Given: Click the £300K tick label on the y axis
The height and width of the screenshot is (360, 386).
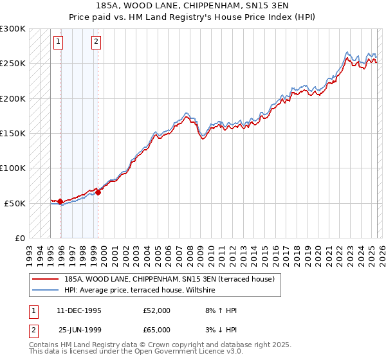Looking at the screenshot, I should (13, 29).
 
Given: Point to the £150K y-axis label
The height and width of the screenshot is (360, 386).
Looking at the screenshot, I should (13, 134).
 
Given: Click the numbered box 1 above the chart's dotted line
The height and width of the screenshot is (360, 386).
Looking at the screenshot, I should (59, 42).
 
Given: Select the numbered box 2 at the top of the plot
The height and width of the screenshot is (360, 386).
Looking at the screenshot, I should (96, 42).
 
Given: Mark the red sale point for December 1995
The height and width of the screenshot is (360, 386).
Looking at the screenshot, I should (60, 202).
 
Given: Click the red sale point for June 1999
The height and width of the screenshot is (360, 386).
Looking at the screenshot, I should (98, 192).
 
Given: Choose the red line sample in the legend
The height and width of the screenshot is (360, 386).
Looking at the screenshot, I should (45, 279).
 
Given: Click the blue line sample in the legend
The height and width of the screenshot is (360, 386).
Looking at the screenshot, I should (45, 291).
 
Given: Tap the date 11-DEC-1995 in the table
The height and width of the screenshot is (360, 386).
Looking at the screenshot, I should (79, 310).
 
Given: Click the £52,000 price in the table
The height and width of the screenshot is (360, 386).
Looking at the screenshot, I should (157, 310).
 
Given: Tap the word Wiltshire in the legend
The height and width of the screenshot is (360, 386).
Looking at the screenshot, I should (203, 291).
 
